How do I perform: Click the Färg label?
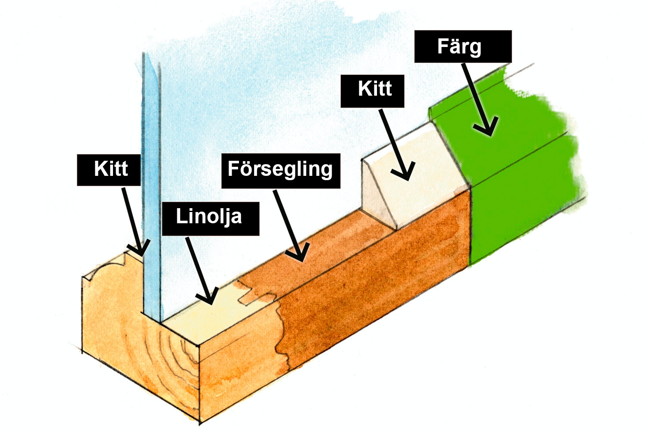coord(463,47)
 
